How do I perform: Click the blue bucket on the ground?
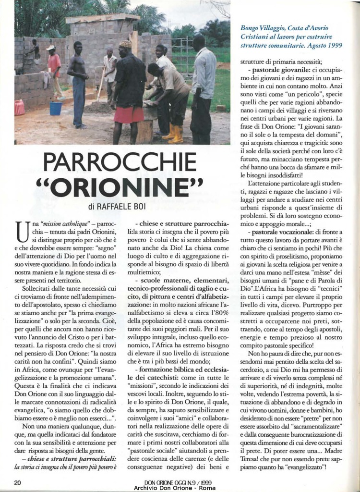tap(56, 108)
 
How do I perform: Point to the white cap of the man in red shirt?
tap(50, 48)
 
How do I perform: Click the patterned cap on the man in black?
tap(126, 44)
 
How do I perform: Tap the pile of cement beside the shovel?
tap(99, 107)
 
